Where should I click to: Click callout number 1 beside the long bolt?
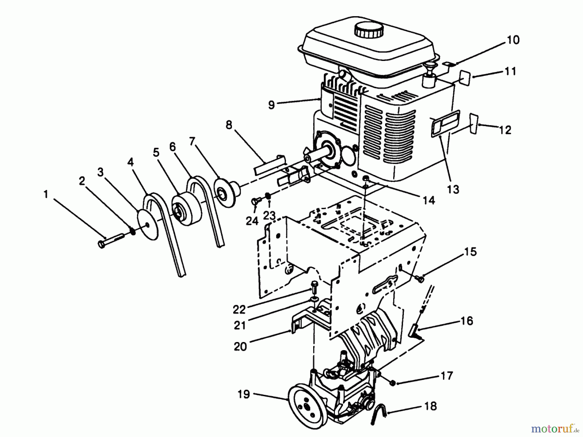tap(46, 195)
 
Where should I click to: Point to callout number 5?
tap(156, 152)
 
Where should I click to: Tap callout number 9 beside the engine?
tap(271, 105)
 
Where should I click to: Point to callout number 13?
tap(453, 189)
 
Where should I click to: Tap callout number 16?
tap(466, 321)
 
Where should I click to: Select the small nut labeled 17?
tap(392, 383)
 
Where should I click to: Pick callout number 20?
tap(240, 347)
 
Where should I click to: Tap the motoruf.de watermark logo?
tap(554, 429)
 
